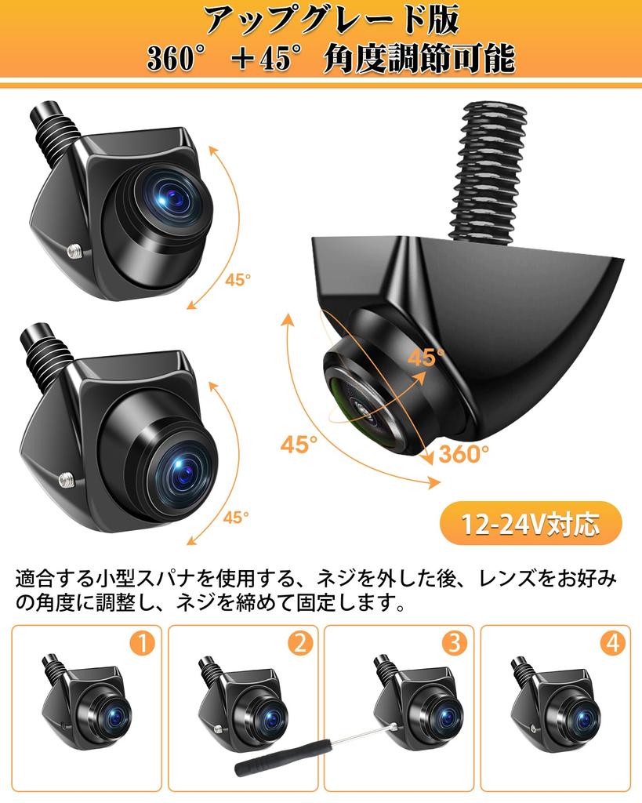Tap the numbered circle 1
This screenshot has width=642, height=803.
(x=142, y=644)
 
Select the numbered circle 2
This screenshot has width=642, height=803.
(x=299, y=644)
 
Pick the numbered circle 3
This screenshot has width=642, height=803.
(x=454, y=644)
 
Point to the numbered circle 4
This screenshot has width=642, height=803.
(x=612, y=644)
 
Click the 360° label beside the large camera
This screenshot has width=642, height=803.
(x=463, y=452)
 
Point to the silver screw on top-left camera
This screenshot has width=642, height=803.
(x=76, y=251)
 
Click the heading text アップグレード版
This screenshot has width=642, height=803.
(x=321, y=20)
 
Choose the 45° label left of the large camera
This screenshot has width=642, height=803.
(x=299, y=444)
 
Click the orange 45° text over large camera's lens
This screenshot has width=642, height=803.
(x=425, y=358)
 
